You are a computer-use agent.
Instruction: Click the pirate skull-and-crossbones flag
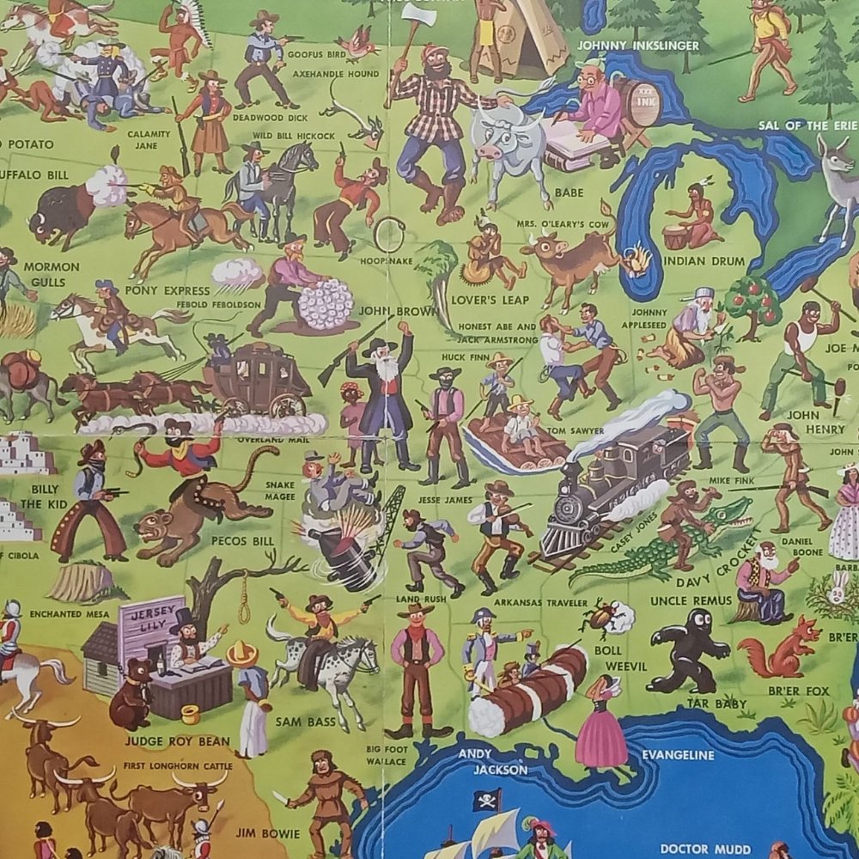(486, 801)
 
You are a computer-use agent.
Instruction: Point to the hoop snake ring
(390, 235)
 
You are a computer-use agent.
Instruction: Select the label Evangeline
(678, 755)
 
